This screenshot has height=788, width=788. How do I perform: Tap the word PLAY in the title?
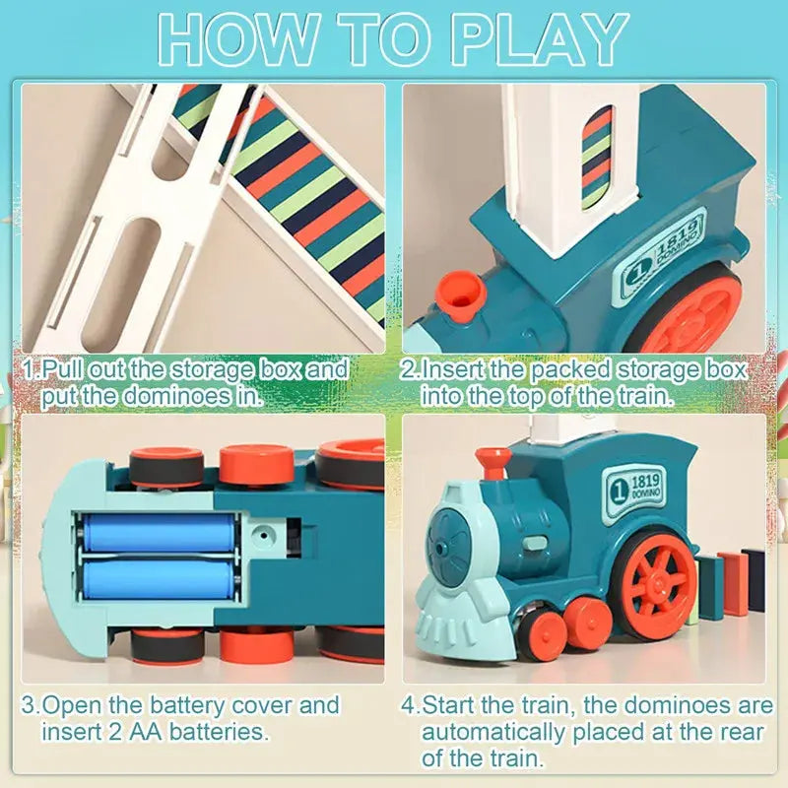tap(536, 39)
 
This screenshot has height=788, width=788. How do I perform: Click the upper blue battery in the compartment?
tap(158, 533)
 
